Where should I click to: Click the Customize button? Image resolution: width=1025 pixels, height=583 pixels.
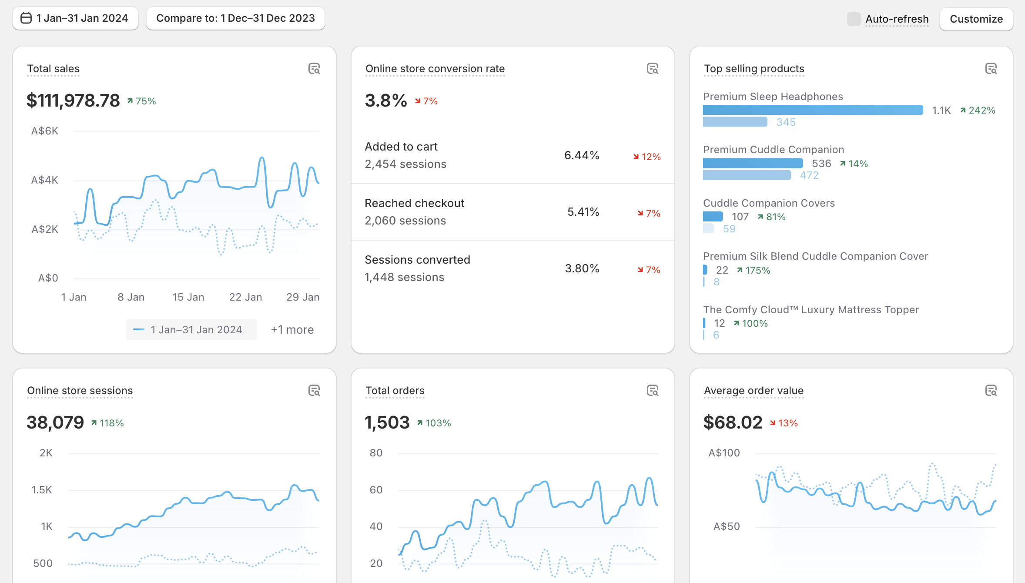coord(976,19)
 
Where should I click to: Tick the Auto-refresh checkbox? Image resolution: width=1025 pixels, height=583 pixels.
coord(854,19)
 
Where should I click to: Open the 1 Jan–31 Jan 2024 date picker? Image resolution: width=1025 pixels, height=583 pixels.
coord(75,18)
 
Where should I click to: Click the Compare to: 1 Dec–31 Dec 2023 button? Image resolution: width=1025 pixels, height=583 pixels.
coord(235,18)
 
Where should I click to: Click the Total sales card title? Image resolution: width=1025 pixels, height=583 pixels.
coord(54,69)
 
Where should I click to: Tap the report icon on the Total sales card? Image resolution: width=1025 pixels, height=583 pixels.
coord(314,69)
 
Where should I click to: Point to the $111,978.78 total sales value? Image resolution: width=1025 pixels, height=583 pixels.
coord(73,101)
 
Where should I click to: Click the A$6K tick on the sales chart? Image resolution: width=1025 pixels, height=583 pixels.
coord(45,131)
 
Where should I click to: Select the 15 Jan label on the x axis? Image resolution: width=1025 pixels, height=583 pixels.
coord(188,297)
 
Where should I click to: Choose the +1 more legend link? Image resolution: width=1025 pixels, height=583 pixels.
coord(292,330)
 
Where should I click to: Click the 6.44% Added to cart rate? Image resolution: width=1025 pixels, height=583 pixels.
coord(582,155)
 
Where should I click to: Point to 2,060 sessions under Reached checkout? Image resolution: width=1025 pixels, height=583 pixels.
coord(405,221)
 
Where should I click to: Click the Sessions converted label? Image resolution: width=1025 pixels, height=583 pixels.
coord(418,260)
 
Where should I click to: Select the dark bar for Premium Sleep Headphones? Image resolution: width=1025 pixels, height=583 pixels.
coord(813,110)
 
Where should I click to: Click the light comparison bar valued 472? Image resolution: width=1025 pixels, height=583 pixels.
coord(747,175)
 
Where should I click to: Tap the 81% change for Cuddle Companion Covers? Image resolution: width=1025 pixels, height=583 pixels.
coord(772,217)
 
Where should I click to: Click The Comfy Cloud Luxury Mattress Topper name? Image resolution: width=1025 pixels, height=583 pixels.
coord(811,310)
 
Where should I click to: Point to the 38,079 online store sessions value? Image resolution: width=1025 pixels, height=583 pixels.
coord(55,422)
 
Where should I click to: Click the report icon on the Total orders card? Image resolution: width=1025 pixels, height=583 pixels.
coord(653,391)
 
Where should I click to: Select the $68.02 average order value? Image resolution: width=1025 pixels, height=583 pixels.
coord(733,422)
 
